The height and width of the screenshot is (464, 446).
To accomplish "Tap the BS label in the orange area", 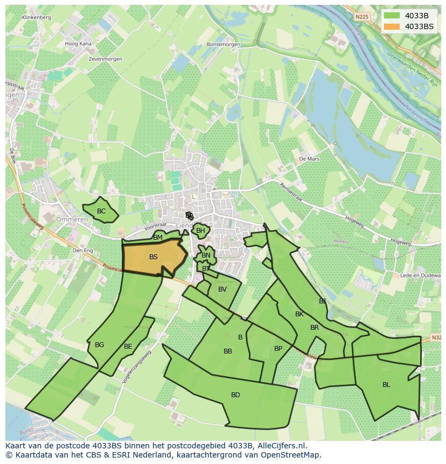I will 154,257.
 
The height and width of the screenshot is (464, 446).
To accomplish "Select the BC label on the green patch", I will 101,211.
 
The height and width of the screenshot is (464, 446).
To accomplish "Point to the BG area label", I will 99,345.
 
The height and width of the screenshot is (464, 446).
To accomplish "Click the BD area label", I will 235,395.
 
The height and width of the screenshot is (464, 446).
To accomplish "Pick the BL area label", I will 386,385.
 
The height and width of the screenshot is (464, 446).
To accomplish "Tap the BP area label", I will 278,349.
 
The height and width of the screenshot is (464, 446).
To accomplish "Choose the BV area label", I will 222,289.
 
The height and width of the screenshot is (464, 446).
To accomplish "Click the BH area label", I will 200,231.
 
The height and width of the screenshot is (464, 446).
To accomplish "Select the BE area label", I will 128,347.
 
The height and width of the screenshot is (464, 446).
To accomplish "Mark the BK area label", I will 299,314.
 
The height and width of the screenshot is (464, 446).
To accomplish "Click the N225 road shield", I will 363,17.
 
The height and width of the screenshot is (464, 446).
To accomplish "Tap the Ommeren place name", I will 72,219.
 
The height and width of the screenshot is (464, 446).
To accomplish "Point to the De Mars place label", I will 309,159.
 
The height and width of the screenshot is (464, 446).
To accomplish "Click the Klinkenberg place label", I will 37,17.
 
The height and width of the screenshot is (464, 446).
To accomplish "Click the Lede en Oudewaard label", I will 422,275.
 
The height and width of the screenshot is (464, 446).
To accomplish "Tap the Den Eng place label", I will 83,251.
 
